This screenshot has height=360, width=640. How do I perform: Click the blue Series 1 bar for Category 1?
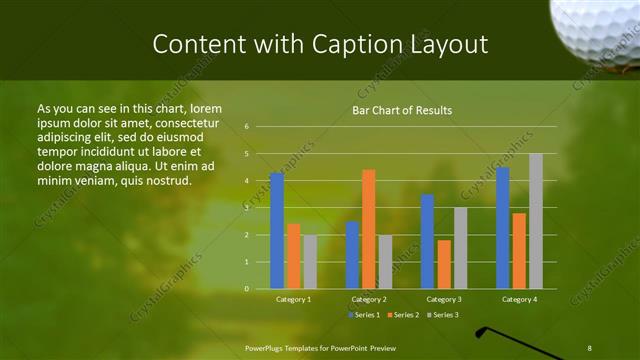[x=277, y=231]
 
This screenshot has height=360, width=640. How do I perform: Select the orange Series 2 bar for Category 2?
[x=368, y=229]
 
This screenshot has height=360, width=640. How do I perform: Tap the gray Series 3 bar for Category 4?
[x=536, y=221]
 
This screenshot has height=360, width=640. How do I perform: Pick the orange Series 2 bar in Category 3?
[x=444, y=264]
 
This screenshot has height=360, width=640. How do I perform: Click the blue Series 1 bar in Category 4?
[x=502, y=228]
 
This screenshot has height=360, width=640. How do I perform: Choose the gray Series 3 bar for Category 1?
[x=310, y=262]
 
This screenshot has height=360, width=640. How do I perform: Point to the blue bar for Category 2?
[x=352, y=255]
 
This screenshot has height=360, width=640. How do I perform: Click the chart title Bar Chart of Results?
[x=402, y=110]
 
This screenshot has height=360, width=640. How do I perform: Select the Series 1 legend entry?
[x=364, y=315]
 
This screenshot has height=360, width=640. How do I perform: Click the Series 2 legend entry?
[x=402, y=315]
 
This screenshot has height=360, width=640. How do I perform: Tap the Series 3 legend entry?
[x=440, y=315]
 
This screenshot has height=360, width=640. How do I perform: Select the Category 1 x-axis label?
[x=293, y=299]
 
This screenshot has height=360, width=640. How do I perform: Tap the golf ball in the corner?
[x=598, y=28]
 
